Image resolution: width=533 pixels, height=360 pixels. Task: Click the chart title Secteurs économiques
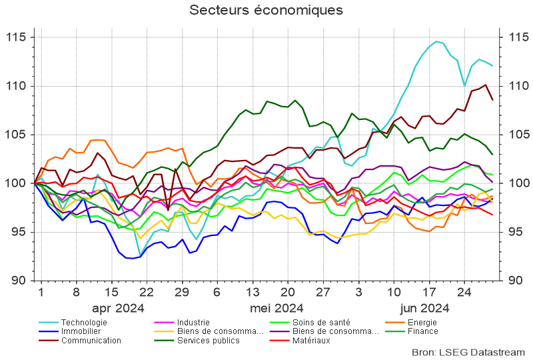266,11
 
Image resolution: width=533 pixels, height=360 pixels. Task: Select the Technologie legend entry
84,323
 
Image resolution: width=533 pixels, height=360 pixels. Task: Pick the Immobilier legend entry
81,331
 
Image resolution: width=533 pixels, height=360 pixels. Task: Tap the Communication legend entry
91,340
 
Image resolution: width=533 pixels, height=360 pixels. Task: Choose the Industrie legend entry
194,323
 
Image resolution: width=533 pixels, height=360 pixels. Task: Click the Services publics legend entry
207,340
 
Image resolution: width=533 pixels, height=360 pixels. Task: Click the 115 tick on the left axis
14,37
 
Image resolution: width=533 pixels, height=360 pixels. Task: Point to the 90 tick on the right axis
515,281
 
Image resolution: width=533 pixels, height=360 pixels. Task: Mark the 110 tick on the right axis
518,86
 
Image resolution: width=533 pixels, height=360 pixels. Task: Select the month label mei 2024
276,308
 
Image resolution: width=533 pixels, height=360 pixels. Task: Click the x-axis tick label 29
181,292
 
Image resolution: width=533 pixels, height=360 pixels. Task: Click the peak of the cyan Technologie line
437,41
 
